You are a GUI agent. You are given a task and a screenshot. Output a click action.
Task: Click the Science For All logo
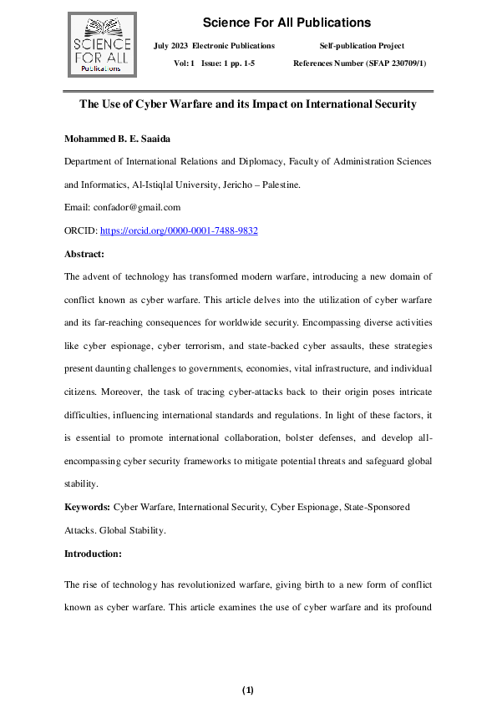[x=100, y=43]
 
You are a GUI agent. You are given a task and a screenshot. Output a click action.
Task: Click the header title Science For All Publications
[x=287, y=23]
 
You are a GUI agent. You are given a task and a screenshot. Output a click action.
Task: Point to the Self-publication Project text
[x=362, y=45]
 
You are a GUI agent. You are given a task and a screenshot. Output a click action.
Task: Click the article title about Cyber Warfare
[x=247, y=104]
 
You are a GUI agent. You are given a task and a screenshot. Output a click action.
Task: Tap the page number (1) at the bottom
[x=247, y=690]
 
